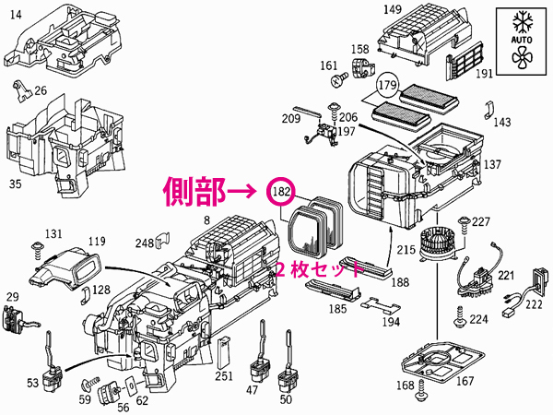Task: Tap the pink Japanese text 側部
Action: pos(193,192)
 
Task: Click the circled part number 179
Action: pos(386,88)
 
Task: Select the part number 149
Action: pos(393,10)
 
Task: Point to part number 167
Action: pos(466,382)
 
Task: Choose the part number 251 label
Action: pos(223,376)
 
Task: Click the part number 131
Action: pos(54,233)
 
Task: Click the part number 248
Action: pos(144,243)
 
